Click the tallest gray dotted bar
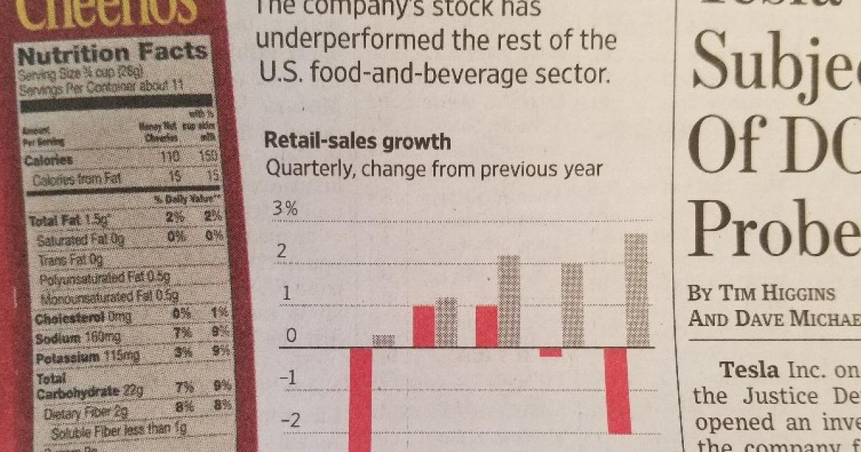(636, 290)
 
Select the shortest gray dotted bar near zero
(383, 340)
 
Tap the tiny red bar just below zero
(551, 352)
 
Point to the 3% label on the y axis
(283, 210)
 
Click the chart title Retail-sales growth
(357, 141)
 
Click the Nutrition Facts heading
(113, 53)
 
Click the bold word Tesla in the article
(748, 370)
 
